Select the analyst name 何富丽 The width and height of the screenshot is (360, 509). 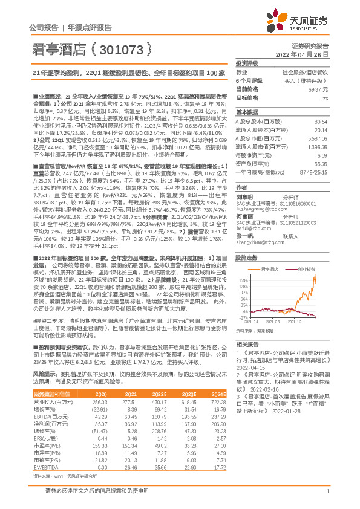(x=245, y=216)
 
